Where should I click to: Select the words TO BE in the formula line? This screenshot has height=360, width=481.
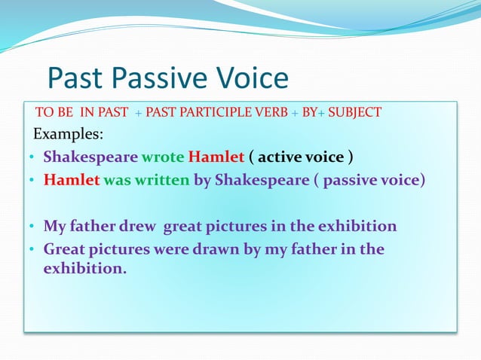coord(54,113)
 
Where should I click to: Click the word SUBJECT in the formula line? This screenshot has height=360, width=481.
coord(354,113)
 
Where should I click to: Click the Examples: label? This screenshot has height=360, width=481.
coord(69,135)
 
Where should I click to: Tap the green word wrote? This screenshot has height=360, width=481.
coord(163,158)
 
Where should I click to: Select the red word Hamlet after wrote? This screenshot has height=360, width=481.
coord(216,158)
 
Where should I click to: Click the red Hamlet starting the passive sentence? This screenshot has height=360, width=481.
coord(72,181)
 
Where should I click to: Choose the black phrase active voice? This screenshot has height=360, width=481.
coord(301,158)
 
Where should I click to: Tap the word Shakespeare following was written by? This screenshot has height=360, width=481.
coord(262,181)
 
